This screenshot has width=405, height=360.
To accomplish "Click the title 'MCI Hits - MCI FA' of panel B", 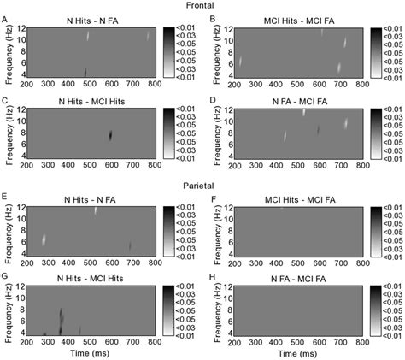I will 292,19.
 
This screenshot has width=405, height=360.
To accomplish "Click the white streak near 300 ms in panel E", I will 44,217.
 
